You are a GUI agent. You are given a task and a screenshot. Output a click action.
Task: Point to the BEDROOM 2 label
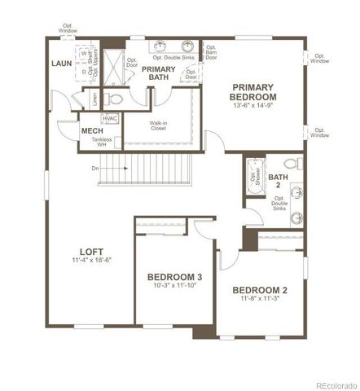click(x=260, y=290)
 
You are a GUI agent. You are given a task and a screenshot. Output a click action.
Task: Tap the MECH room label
click(x=90, y=130)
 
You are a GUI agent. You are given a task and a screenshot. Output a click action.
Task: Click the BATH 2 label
click(x=279, y=181)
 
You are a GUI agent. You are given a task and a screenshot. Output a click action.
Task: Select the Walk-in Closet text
click(x=159, y=125)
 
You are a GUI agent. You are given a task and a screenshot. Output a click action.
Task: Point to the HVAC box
click(x=111, y=119)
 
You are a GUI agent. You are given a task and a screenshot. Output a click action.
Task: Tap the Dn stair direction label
click(x=96, y=168)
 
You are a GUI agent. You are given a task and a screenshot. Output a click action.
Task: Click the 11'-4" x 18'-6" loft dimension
click(x=90, y=260)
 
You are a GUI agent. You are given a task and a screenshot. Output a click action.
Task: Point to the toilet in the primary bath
click(x=115, y=99)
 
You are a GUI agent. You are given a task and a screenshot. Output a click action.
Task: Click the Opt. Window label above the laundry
click(x=69, y=29)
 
